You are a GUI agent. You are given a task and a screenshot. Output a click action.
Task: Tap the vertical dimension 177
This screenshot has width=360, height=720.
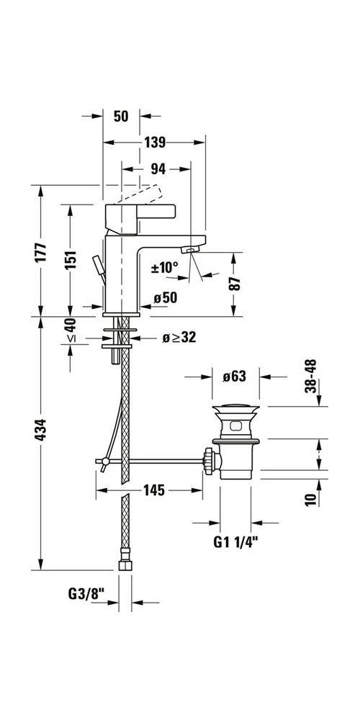[41, 251]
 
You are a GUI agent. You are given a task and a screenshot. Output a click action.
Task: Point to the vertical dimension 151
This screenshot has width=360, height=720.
[70, 260]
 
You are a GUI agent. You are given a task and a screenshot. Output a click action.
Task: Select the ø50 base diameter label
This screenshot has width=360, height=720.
[164, 297]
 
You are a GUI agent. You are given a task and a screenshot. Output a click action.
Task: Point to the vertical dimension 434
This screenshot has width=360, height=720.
[41, 430]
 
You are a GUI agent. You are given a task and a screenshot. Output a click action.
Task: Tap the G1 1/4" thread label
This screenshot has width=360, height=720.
[234, 539]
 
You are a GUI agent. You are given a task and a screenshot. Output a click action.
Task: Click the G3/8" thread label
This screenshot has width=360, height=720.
[86, 594]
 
